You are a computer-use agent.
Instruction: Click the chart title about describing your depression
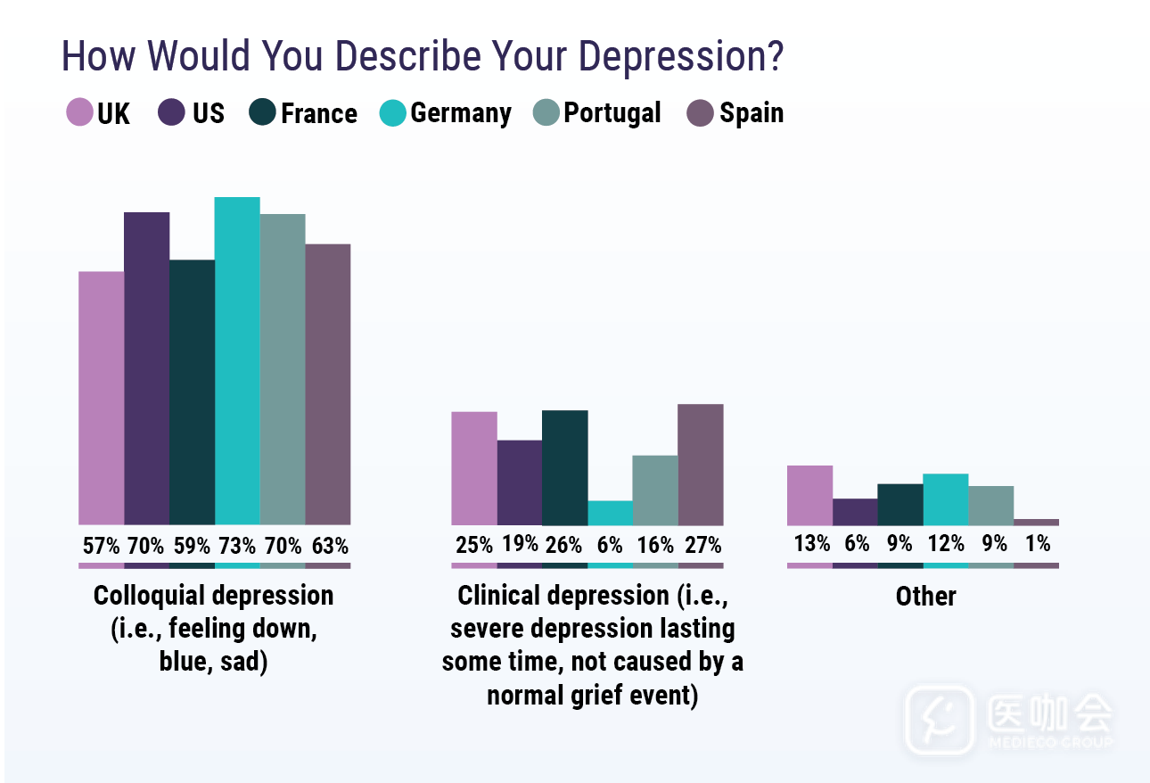pyautogui.click(x=422, y=57)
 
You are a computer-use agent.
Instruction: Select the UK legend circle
pyautogui.click(x=79, y=113)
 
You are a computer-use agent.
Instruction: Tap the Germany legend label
pyautogui.click(x=460, y=113)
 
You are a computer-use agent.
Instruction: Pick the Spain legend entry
pyautogui.click(x=751, y=113)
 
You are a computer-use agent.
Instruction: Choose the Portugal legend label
pyautogui.click(x=612, y=113)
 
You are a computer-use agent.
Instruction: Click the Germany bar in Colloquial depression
pyautogui.click(x=237, y=360)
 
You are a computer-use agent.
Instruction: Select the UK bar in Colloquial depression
pyautogui.click(x=101, y=398)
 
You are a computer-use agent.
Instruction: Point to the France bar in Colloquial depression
pyautogui.click(x=192, y=392)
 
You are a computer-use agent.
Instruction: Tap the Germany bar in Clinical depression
pyautogui.click(x=610, y=513)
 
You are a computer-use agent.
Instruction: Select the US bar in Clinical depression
pyautogui.click(x=519, y=482)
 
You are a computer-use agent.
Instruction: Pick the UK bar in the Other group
pyautogui.click(x=809, y=495)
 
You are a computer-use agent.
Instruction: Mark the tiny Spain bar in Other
pyautogui.click(x=1037, y=522)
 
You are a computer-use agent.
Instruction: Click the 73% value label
pyautogui.click(x=237, y=544)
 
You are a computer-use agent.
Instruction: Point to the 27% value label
pyautogui.click(x=701, y=544)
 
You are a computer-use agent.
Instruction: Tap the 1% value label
pyautogui.click(x=1037, y=543)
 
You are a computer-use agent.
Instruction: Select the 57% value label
pyautogui.click(x=101, y=544)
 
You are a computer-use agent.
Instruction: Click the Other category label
pyautogui.click(x=925, y=597)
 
